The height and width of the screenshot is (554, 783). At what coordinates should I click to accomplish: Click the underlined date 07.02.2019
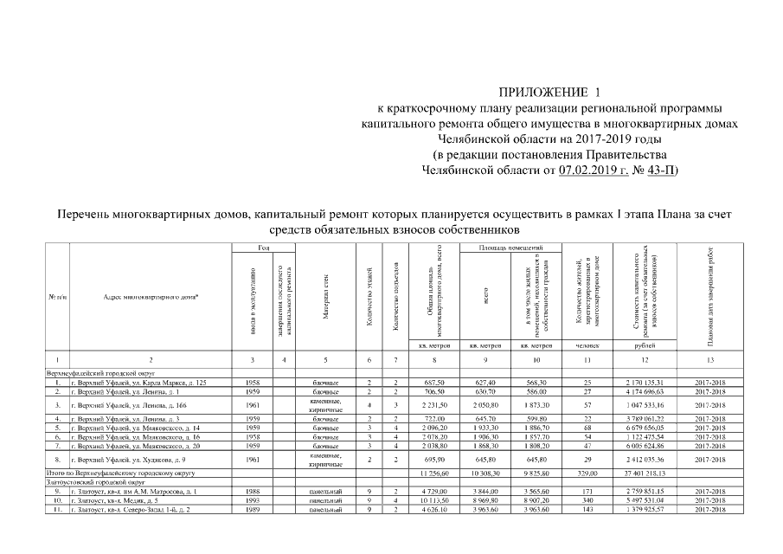click(x=595, y=170)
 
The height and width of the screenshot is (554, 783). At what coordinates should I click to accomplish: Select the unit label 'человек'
click(x=587, y=345)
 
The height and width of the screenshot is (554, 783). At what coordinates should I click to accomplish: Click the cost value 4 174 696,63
click(x=640, y=392)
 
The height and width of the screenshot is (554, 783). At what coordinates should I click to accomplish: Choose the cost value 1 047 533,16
click(x=640, y=406)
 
